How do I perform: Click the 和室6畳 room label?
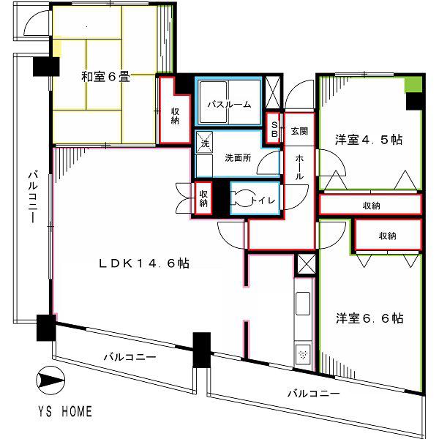pyautogui.click(x=105, y=77)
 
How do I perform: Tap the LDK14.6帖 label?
pyautogui.click(x=144, y=263)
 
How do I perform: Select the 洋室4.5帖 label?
pyautogui.click(x=369, y=140)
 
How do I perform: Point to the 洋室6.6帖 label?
pyautogui.click(x=369, y=318)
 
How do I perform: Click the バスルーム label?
pyautogui.click(x=229, y=105)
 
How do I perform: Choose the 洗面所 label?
pyautogui.click(x=238, y=158)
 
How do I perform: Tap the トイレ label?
pyautogui.click(x=263, y=200)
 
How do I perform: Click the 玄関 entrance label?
pyautogui.click(x=299, y=131)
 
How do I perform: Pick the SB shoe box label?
pyautogui.click(x=274, y=129)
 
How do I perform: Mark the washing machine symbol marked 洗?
pyautogui.click(x=205, y=143)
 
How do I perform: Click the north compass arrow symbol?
pyautogui.click(x=50, y=380)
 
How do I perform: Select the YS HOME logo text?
pyautogui.click(x=65, y=411)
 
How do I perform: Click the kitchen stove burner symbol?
pyautogui.click(x=303, y=354)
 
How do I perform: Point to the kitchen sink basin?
pyautogui.click(x=303, y=304)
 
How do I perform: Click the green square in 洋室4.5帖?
pyautogui.click(x=413, y=85)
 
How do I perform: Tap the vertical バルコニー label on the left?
pyautogui.click(x=34, y=197)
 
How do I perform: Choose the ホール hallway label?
pyautogui.click(x=299, y=168)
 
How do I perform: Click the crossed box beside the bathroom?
pyautogui.click(x=272, y=92)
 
